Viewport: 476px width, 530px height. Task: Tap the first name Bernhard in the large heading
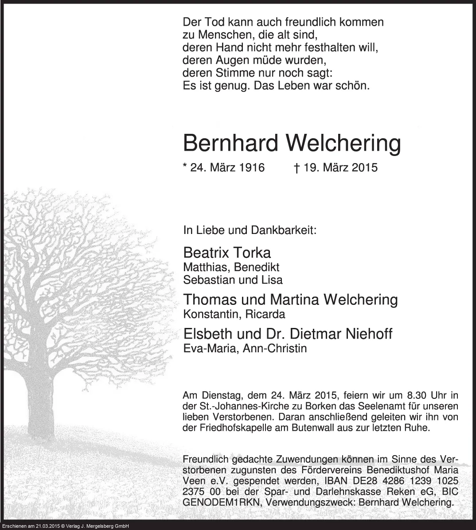click(230, 143)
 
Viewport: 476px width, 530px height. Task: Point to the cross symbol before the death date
click(297, 168)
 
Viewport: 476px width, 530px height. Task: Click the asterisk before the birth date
click(185, 166)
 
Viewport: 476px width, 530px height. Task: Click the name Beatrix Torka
click(226, 253)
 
